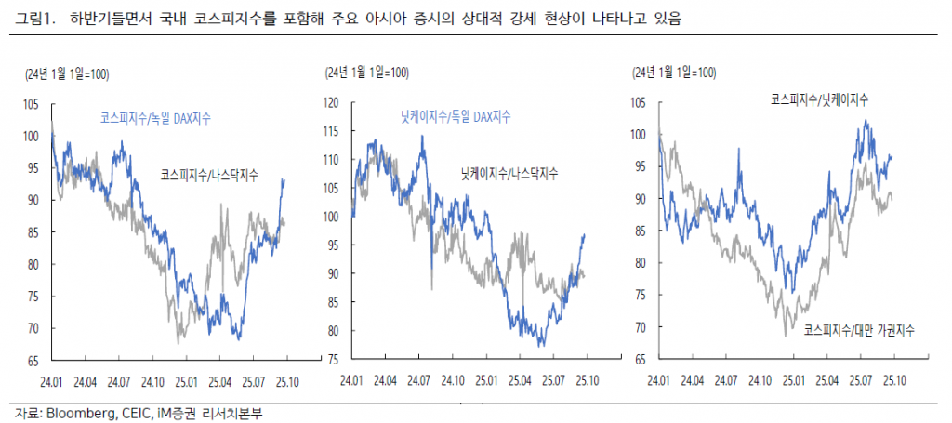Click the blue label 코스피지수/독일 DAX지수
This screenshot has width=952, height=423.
(x=156, y=118)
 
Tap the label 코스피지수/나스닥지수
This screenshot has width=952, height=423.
(x=209, y=174)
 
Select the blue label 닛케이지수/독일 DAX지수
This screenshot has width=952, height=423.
(x=456, y=116)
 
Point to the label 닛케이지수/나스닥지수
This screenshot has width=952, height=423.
(x=509, y=174)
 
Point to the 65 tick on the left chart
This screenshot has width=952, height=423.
(x=33, y=360)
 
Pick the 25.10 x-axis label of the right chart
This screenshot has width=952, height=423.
(x=894, y=380)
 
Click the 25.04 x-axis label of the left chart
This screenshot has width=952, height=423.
(x=219, y=380)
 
